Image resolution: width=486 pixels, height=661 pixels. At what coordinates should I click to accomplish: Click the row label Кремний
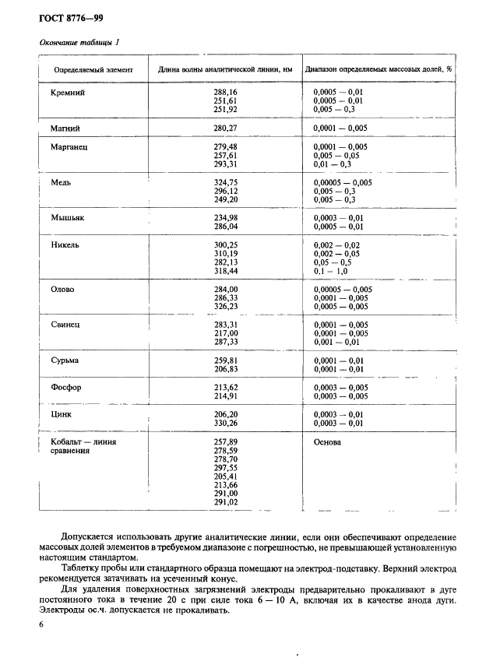click(x=67, y=93)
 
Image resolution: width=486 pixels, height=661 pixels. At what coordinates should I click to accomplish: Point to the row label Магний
click(x=65, y=128)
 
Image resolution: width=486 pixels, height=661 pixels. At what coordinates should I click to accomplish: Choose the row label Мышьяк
click(x=68, y=217)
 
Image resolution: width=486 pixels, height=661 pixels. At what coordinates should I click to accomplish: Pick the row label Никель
click(x=66, y=244)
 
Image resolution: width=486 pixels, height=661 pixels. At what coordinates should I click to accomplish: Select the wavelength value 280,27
click(x=225, y=128)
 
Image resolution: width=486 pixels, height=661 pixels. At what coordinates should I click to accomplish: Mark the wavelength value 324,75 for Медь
click(x=225, y=182)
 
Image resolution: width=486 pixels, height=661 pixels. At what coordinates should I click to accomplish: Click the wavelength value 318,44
click(x=225, y=271)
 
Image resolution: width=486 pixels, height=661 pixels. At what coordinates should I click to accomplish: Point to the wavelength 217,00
click(x=225, y=332)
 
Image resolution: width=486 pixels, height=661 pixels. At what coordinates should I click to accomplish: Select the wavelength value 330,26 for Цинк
click(x=225, y=423)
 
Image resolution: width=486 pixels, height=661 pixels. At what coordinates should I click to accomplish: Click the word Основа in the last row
click(x=328, y=442)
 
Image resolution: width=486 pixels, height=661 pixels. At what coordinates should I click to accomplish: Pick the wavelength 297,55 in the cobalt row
click(x=225, y=468)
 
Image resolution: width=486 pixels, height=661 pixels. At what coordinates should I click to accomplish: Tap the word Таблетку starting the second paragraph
click(x=83, y=569)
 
